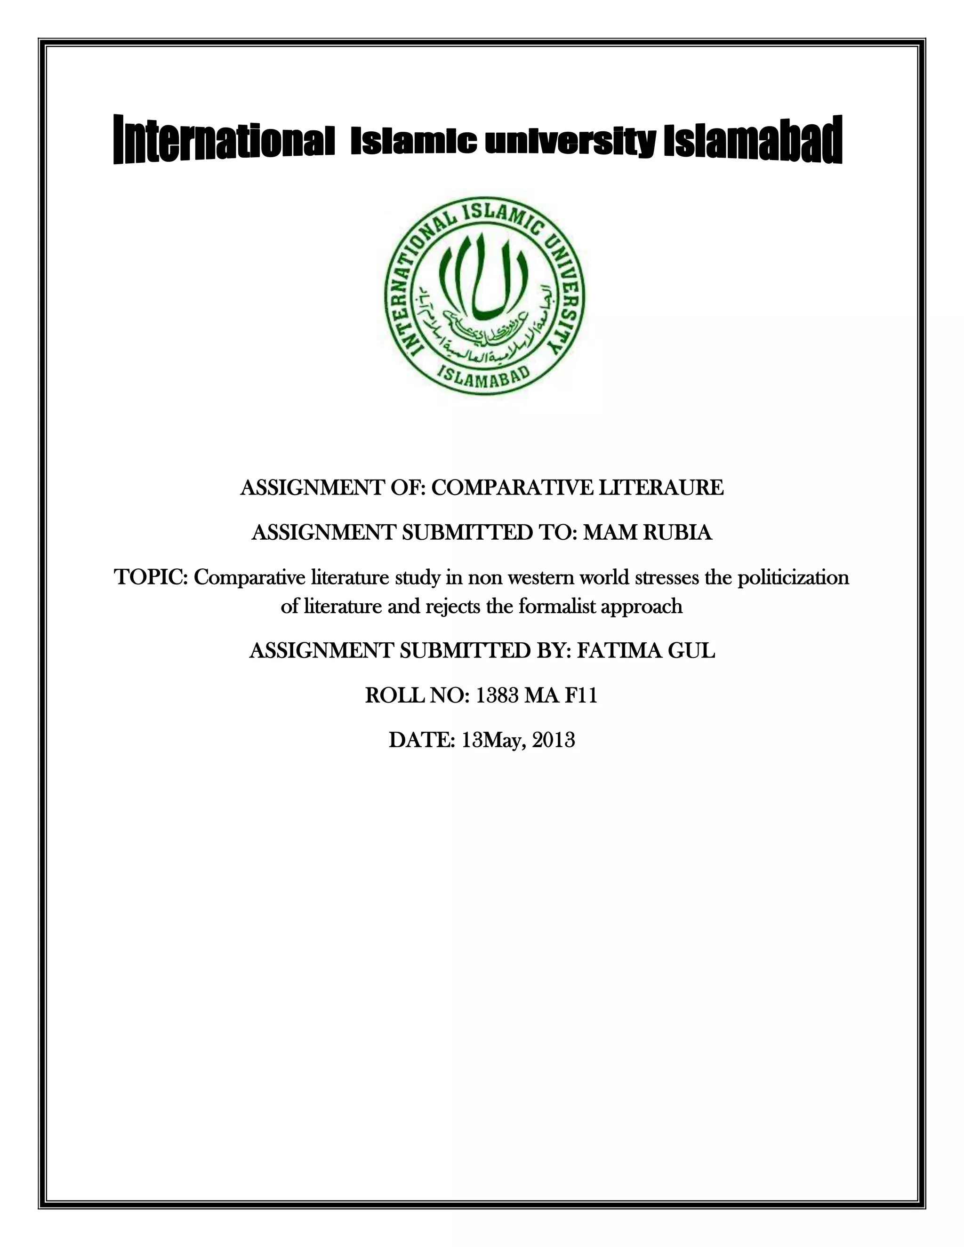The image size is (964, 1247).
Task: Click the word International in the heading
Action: [223, 140]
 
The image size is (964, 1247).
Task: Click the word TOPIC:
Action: [152, 577]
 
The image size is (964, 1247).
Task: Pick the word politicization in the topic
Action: [793, 577]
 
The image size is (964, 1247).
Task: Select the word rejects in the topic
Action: [453, 606]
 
